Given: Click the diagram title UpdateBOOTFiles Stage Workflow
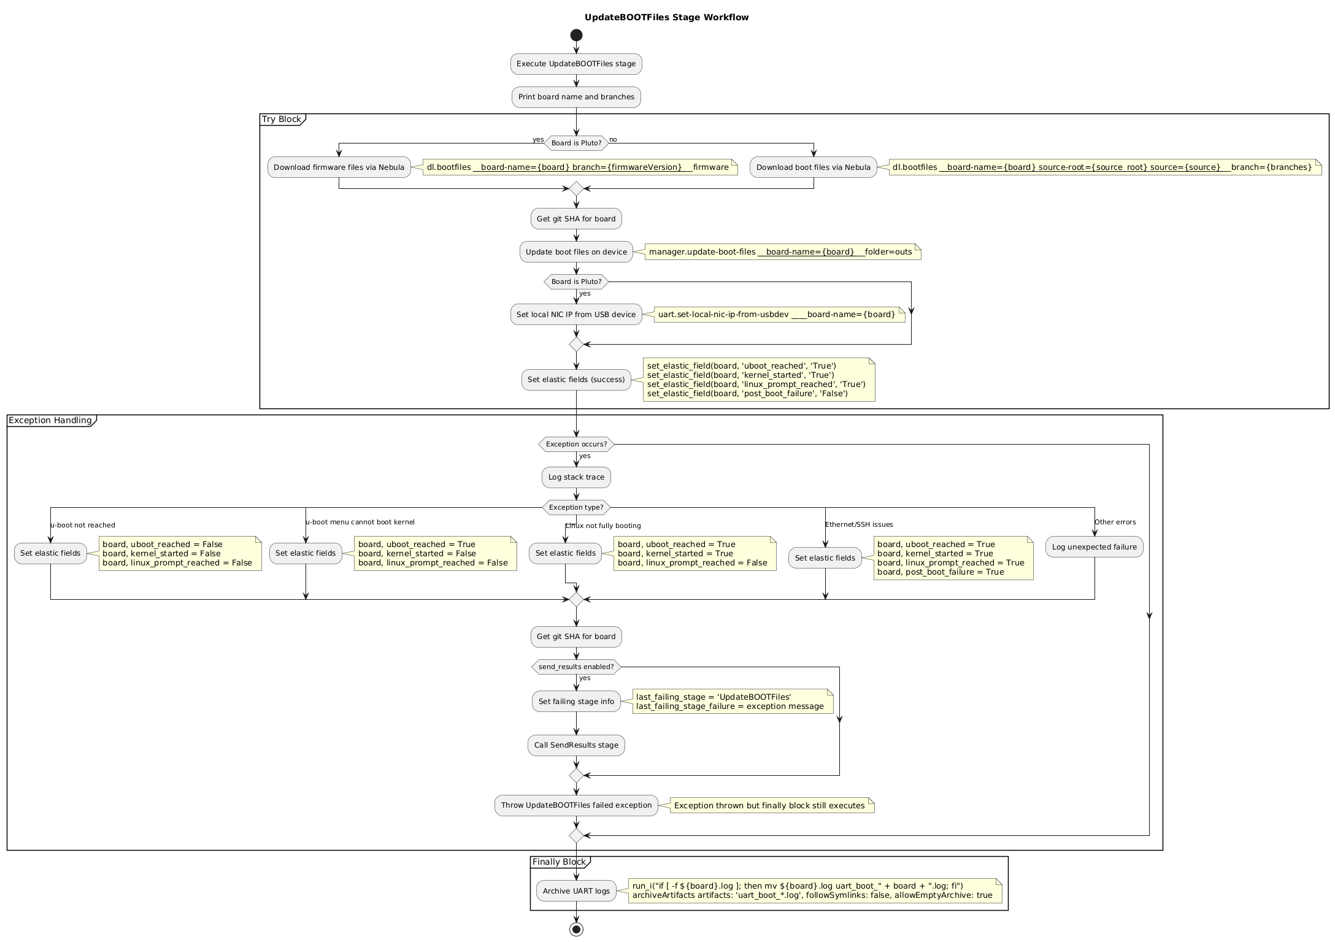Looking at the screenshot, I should pos(666,17).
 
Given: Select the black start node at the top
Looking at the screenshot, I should pos(576,35).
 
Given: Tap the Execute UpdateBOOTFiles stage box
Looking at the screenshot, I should pos(576,64).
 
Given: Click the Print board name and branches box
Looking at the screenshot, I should pos(576,97).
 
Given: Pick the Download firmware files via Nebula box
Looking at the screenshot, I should pos(339,167).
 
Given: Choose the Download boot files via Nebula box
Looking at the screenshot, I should pos(813,167).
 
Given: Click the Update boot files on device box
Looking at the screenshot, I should pos(576,252).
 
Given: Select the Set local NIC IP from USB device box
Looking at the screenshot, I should pos(576,315).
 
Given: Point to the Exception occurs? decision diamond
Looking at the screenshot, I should pos(576,444).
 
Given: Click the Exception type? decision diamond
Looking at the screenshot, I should pos(576,507).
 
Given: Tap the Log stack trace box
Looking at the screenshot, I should pos(576,477).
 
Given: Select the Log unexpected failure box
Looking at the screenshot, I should pos(1094,547).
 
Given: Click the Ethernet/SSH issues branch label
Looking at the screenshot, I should pos(859,524).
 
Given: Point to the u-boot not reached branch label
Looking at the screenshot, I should pos(83,525).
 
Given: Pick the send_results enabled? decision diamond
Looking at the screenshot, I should pos(576,667).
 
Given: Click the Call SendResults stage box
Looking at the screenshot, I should pos(576,745).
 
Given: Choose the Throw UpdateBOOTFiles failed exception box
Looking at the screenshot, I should pos(576,805).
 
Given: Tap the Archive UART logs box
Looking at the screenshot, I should pos(576,891).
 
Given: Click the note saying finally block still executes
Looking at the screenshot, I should pos(771,806).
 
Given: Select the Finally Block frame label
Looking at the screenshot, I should pos(559,862).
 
